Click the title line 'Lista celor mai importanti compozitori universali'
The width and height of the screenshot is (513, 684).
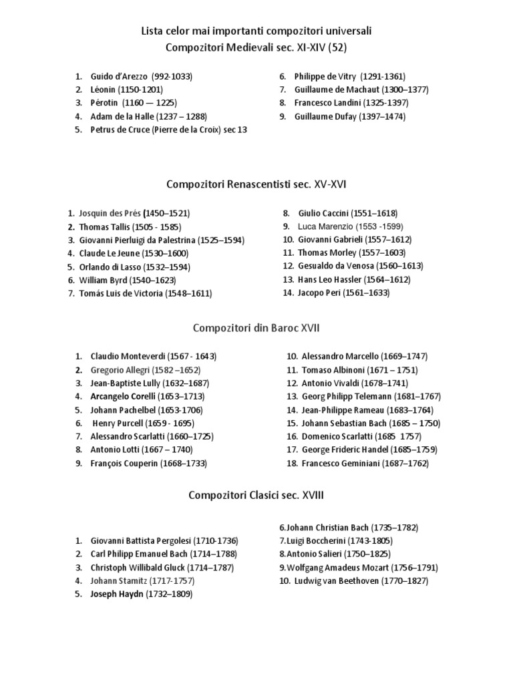256,31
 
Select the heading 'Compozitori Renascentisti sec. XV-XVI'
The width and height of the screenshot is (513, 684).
256,184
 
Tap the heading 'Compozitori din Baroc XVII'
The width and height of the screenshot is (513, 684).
256,328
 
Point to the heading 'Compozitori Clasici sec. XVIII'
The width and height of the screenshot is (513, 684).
256,495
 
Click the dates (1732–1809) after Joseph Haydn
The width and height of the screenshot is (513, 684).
169,594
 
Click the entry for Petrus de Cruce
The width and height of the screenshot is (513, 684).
168,130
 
